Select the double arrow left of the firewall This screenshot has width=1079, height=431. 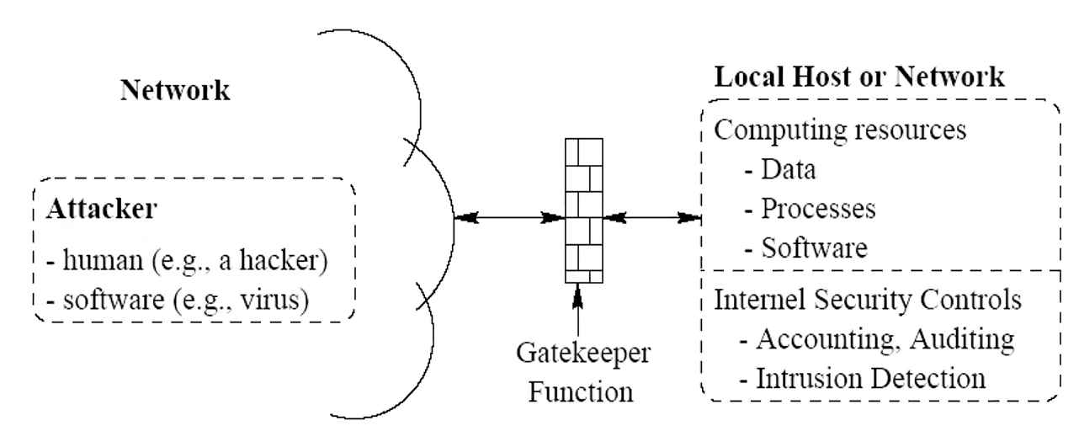[508, 219]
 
